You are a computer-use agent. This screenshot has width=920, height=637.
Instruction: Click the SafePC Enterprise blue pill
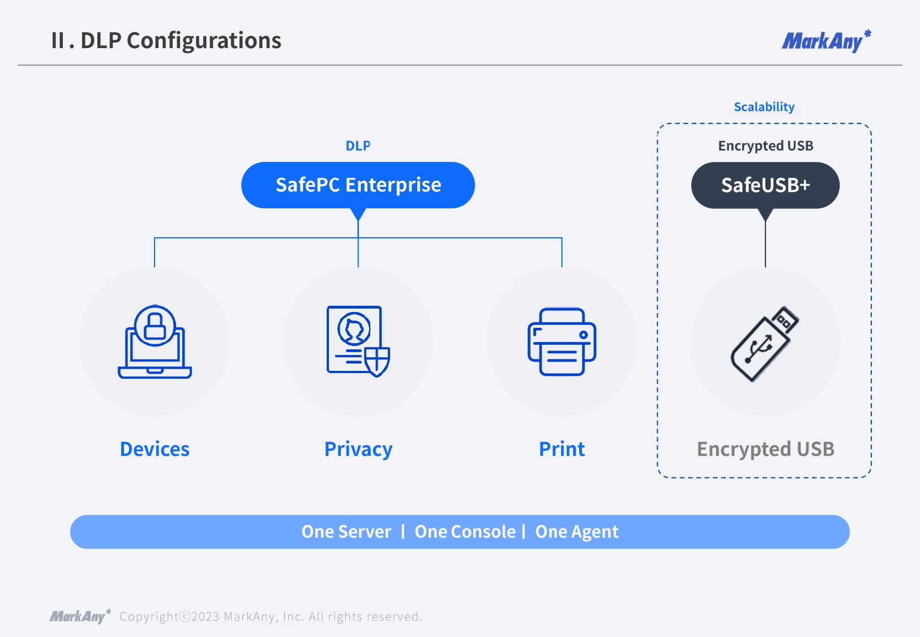tap(358, 185)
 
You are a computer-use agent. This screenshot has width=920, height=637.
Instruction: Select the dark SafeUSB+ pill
tap(765, 185)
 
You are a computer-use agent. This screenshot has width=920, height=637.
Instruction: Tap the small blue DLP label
tap(358, 146)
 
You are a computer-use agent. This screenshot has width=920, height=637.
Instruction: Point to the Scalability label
tap(764, 107)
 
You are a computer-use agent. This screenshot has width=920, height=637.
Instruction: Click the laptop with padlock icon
tap(155, 342)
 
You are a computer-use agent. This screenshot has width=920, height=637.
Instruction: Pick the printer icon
tap(562, 341)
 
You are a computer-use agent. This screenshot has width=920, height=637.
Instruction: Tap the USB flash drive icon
tap(765, 344)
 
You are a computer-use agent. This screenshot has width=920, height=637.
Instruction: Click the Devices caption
tap(155, 449)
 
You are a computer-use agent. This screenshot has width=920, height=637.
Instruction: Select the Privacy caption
tap(358, 449)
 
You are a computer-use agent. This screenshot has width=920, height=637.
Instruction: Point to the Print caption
tap(562, 449)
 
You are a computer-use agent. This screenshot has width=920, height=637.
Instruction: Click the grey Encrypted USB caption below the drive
tap(765, 449)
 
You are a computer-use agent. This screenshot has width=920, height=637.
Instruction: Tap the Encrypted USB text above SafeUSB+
tap(765, 146)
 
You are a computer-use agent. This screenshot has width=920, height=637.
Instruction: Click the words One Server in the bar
tap(346, 532)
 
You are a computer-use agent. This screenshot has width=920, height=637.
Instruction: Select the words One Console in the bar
tap(465, 532)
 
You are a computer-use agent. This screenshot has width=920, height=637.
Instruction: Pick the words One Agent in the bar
tap(576, 532)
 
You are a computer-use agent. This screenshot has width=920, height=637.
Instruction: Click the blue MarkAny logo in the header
tap(825, 41)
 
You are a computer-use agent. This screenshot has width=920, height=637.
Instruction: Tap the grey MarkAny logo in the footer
tap(80, 616)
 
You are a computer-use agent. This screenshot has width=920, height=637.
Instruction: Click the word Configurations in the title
tap(204, 41)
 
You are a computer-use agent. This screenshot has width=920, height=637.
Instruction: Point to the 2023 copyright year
tap(205, 617)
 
